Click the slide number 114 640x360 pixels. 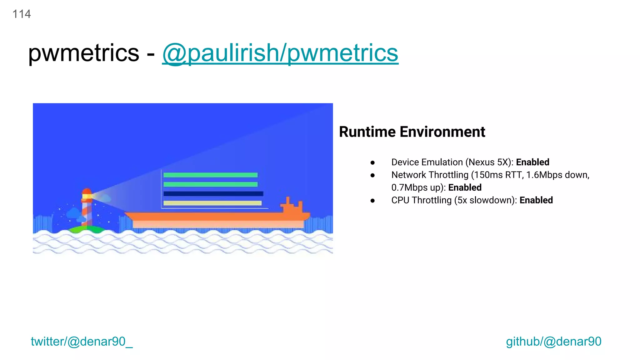22,14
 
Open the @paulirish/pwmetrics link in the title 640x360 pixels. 280,53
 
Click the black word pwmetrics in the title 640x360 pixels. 83,53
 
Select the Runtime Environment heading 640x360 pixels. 412,132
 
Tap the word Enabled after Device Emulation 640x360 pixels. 532,162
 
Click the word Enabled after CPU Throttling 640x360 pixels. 536,200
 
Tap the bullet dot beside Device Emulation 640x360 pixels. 372,163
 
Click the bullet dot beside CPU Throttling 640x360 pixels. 372,201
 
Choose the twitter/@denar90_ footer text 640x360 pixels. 82,341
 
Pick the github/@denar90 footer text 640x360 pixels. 553,341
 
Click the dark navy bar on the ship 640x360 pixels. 213,194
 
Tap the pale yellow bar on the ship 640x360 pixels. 212,203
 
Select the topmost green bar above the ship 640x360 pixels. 210,175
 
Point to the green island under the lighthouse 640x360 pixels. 87,230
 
